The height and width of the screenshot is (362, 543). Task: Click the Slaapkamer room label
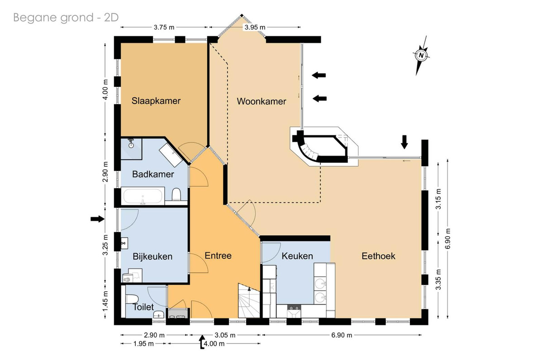pos(156,101)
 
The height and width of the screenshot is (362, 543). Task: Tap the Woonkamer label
pos(262,101)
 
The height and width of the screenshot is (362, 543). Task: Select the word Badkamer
pos(153,174)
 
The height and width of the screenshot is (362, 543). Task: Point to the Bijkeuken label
pos(152,257)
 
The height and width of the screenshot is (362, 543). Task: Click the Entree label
pos(218,256)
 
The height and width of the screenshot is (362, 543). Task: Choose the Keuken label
pos(297,256)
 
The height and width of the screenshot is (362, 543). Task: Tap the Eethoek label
pos(378,256)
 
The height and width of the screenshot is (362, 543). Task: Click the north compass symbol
pos(421,56)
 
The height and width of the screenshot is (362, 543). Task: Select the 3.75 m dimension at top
pos(164,28)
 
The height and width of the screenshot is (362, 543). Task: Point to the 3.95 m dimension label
pos(255,28)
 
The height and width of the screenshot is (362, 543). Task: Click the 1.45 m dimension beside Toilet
pos(105,302)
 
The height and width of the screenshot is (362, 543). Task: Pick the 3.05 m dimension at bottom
pos(225,335)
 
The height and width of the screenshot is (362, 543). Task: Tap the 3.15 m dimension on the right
pos(438,199)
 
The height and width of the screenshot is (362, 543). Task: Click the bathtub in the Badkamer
pos(143,196)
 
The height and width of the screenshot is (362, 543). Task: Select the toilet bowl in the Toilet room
pos(132,299)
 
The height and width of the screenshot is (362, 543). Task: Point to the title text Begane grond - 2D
pos(66,18)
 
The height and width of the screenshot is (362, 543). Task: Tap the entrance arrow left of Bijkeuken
pos(97,219)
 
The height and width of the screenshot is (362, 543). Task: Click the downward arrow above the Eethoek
pos(404,142)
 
